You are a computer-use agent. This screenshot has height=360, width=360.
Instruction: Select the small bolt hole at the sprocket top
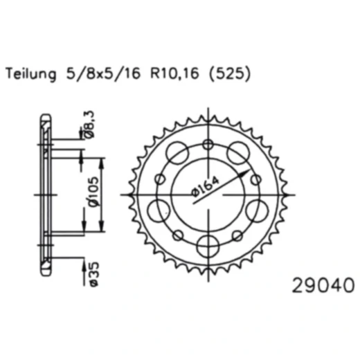coord(208,144)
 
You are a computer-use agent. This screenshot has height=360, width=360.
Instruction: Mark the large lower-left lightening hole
coord(163,210)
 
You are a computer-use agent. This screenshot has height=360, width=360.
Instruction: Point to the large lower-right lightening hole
coord(258,210)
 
